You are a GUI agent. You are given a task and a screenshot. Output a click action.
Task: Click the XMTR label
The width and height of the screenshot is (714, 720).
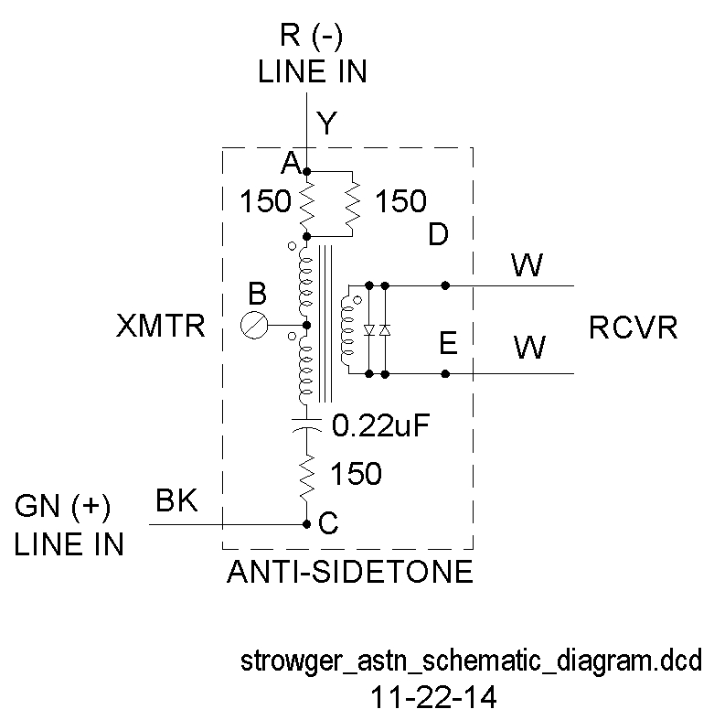pos(161,327)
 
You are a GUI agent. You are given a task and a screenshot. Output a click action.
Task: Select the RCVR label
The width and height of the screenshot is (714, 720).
pos(634,328)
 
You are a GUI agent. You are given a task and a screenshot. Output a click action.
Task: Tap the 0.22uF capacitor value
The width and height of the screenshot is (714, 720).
pos(379,425)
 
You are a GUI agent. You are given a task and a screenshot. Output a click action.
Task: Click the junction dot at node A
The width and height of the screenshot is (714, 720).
pos(306,171)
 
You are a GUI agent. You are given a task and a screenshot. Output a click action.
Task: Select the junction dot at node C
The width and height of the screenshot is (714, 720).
pos(306,524)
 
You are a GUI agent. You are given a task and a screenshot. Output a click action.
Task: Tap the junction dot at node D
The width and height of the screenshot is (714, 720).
pos(444,285)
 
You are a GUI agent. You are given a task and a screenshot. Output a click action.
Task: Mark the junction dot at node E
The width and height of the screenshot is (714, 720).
pos(444,373)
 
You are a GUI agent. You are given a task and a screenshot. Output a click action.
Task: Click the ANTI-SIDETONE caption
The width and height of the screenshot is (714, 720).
pos(348,572)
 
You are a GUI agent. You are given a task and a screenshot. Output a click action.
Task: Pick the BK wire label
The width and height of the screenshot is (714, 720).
pos(177,501)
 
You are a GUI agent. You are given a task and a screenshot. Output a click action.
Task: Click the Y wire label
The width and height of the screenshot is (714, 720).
pos(326,123)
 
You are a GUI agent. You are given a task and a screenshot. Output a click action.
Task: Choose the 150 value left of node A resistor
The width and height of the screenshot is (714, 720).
pos(265,201)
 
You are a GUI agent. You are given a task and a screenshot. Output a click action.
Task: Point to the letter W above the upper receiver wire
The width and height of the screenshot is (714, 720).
pos(527,266)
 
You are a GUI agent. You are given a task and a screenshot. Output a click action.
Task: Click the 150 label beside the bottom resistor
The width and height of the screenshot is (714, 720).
pos(356,473)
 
